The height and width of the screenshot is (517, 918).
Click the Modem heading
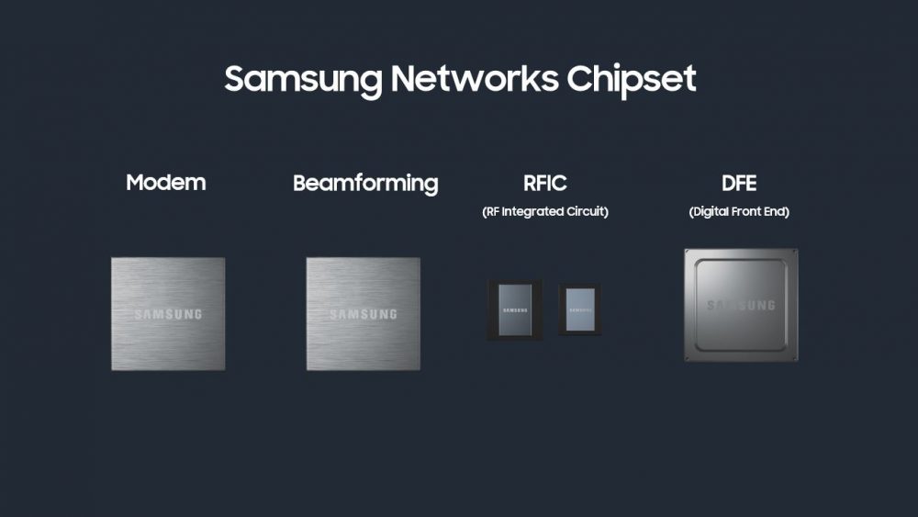[166, 182]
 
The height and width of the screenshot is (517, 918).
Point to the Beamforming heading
[365, 183]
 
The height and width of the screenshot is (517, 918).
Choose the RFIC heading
[545, 183]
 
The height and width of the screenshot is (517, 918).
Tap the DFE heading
[739, 183]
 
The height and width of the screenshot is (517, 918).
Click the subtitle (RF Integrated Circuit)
[545, 212]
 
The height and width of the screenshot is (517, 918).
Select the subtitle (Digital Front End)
[739, 212]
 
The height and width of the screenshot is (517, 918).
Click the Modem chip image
[168, 314]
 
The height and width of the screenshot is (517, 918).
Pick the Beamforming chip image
[363, 314]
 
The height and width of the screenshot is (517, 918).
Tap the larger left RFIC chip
[514, 310]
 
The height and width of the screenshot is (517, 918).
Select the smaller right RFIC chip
[579, 309]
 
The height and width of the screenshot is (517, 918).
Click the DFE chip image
[740, 305]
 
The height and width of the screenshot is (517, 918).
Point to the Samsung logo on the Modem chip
[168, 315]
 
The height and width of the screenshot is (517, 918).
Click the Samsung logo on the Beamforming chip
[363, 315]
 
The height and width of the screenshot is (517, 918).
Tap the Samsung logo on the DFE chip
[740, 305]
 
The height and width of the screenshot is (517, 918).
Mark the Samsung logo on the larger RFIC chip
[514, 310]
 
